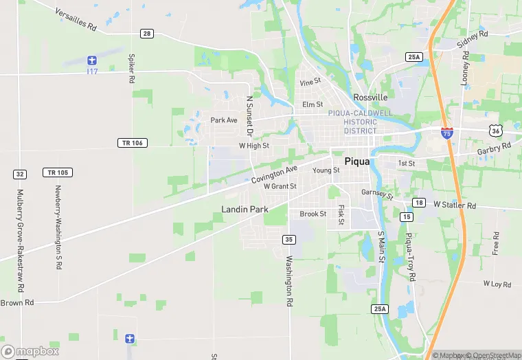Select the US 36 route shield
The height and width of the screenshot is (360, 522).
(x=496, y=130)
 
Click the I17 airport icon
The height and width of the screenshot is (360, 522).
(x=93, y=61)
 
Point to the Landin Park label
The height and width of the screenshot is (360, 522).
(x=245, y=209)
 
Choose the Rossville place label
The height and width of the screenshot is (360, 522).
(x=371, y=97)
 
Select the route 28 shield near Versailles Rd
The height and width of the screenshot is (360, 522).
(x=146, y=33)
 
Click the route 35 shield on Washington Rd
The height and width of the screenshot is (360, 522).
(x=289, y=239)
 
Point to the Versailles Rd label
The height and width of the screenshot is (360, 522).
(x=75, y=23)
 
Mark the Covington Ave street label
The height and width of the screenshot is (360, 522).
(x=274, y=174)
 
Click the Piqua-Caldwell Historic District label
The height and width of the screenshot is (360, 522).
(x=360, y=122)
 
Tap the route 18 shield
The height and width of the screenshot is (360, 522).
(x=419, y=202)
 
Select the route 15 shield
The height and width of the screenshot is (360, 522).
(x=407, y=217)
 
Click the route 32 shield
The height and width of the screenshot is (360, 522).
(x=20, y=175)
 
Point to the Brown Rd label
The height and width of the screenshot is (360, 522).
(x=17, y=303)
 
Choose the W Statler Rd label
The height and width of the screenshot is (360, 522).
(x=455, y=205)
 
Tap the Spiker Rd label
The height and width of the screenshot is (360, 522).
(x=131, y=67)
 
